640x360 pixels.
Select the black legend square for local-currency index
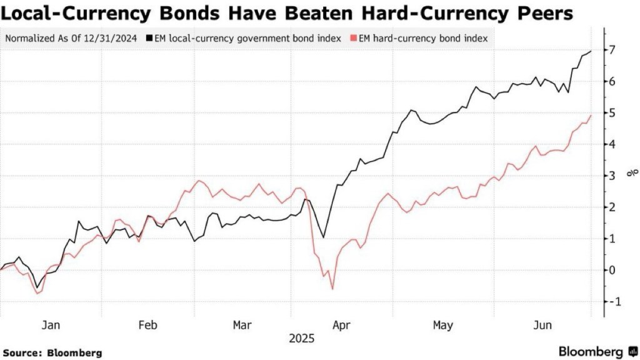coord(148,39)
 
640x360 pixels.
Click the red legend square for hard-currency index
coord(354,39)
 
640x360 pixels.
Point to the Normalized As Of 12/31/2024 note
coord(72,39)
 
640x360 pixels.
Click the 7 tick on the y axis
coord(614,50)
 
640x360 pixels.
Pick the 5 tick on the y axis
coord(614,113)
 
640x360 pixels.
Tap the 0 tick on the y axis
coord(614,270)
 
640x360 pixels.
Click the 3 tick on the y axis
coord(614,176)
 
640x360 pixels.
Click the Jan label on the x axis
coord(51,326)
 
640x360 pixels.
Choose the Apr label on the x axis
coord(341,326)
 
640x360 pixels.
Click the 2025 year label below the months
coord(301,339)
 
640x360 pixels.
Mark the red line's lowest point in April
coord(332,289)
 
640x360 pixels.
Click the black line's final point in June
coord(591,51)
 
